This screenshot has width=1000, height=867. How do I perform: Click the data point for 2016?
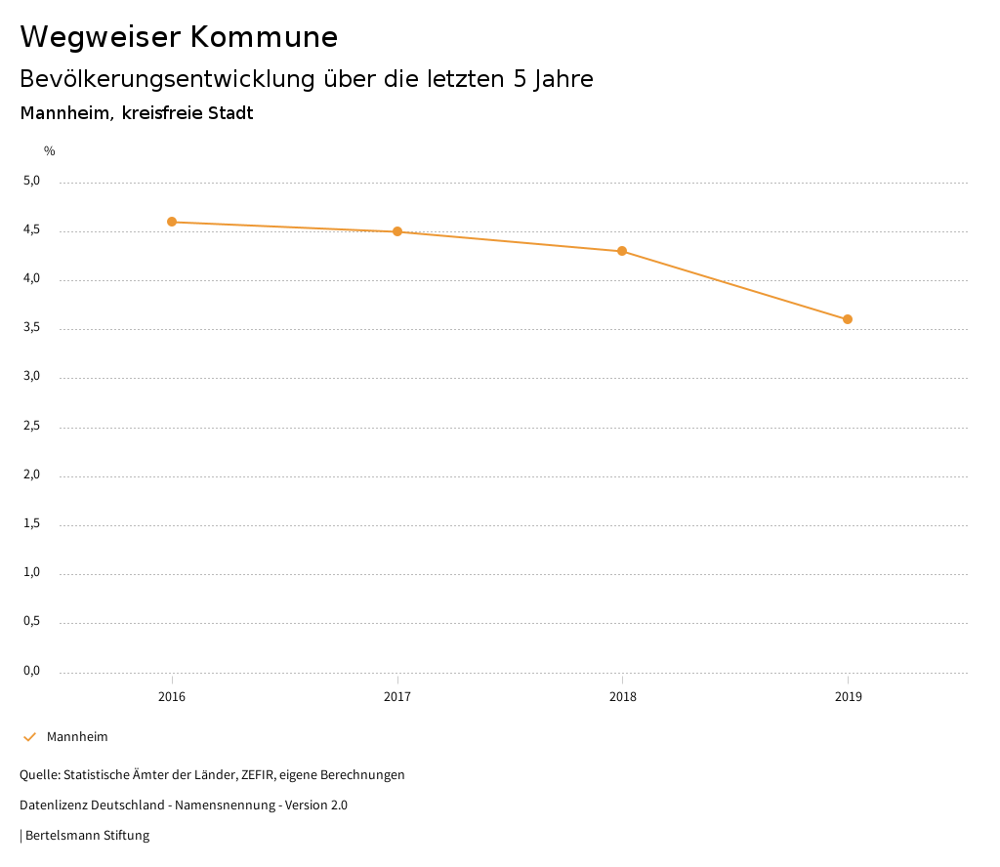[x=172, y=222]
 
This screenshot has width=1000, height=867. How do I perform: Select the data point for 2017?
[x=397, y=231]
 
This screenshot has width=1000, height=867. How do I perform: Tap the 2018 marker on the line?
[x=622, y=251]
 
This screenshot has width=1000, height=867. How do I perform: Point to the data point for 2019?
[x=848, y=319]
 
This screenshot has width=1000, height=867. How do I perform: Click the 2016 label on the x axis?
[x=172, y=697]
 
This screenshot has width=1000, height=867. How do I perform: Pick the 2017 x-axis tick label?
[x=397, y=697]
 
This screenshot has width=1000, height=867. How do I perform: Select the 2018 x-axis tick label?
[x=622, y=697]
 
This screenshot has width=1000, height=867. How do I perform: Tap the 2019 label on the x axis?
[x=848, y=697]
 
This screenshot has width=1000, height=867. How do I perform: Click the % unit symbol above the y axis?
[x=50, y=151]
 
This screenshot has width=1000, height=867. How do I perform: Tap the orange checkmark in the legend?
[x=29, y=737]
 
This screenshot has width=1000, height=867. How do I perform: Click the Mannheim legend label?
[x=77, y=737]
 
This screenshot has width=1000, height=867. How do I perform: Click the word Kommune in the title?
[x=264, y=37]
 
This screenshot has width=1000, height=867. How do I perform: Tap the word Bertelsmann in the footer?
[x=62, y=836]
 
